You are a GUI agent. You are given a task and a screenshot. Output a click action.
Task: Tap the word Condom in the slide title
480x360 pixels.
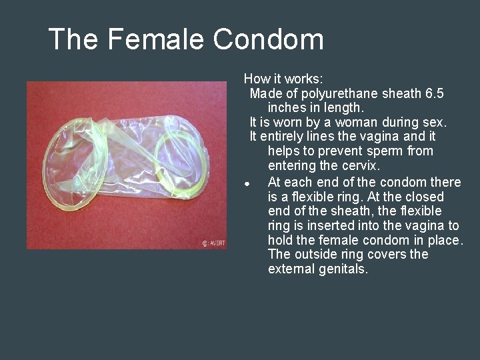[268, 39]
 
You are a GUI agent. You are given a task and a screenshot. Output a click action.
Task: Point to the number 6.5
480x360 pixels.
[434, 93]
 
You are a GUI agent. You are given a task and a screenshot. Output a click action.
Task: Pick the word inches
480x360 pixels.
[289, 108]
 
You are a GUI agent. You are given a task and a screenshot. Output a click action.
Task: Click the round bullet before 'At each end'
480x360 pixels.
[246, 183]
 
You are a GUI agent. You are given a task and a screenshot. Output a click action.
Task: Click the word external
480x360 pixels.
[291, 270]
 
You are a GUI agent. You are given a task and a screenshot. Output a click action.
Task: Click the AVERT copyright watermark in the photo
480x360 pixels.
[213, 243]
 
